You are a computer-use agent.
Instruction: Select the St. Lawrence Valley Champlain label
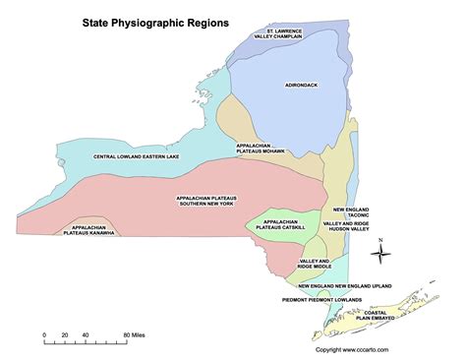(x=278, y=35)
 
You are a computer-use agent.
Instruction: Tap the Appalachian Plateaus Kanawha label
(x=88, y=229)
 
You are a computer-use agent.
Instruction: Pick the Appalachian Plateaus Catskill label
(x=274, y=224)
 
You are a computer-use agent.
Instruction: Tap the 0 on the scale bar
(x=44, y=335)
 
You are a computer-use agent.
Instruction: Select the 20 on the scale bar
(x=65, y=335)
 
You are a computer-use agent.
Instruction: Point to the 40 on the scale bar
(x=86, y=335)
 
